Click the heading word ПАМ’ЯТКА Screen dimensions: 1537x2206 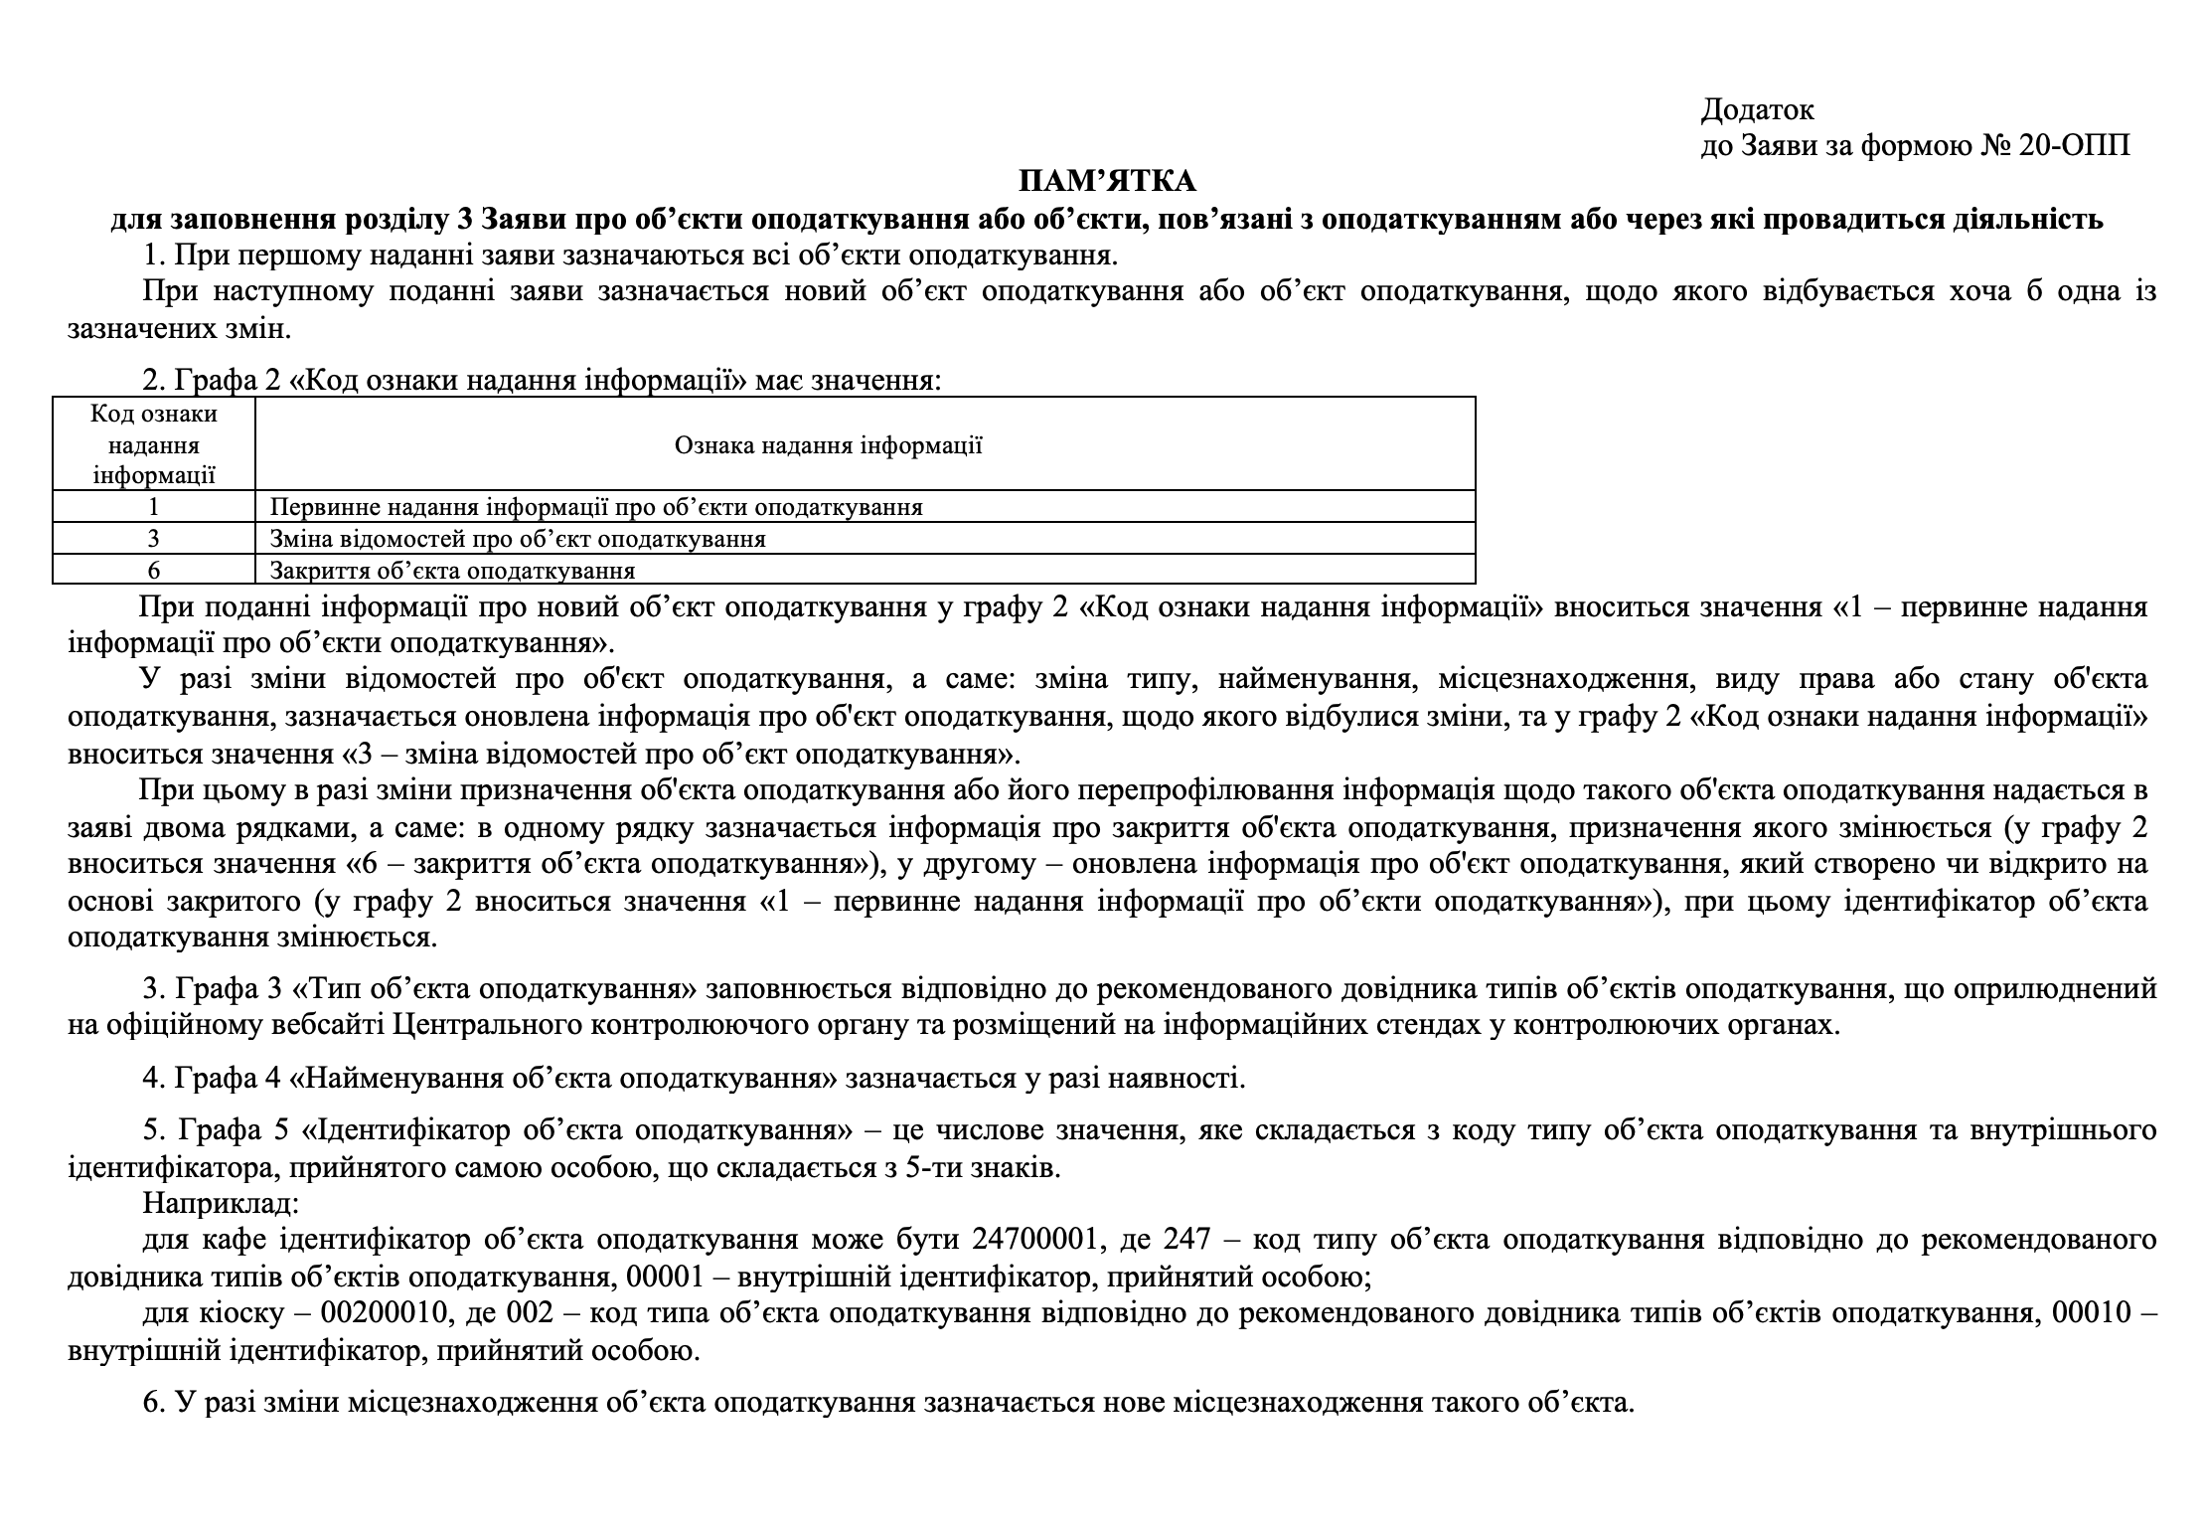coord(1106,181)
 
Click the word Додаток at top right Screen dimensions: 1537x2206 coord(1757,109)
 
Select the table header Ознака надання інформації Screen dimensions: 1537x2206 coord(828,444)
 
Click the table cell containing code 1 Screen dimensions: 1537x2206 coord(154,507)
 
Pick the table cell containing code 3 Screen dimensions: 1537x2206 coord(154,539)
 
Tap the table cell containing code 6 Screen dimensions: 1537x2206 coord(154,571)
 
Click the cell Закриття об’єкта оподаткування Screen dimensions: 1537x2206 coord(452,571)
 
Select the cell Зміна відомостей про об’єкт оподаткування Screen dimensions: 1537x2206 coord(518,539)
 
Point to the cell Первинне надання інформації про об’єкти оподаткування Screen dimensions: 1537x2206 coord(596,507)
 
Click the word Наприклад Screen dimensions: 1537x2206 coord(220,1203)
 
